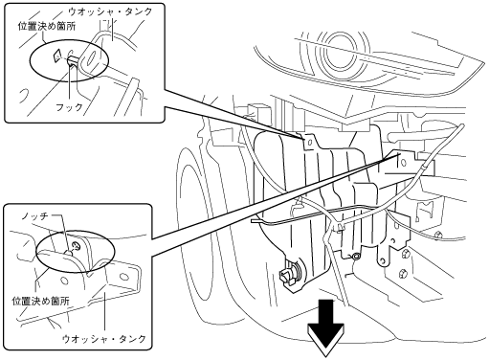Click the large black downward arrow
(325, 328)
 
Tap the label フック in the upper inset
(69, 107)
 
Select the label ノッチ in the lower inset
(34, 216)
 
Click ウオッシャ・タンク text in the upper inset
(111, 11)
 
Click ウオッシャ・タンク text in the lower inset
(104, 338)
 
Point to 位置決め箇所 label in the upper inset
(47, 26)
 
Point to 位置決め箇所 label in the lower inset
(40, 301)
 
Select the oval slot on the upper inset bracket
(91, 58)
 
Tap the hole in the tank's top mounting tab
(308, 142)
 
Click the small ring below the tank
(356, 256)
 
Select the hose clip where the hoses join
(341, 227)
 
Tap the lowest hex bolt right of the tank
(403, 274)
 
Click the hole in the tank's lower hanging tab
(382, 261)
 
